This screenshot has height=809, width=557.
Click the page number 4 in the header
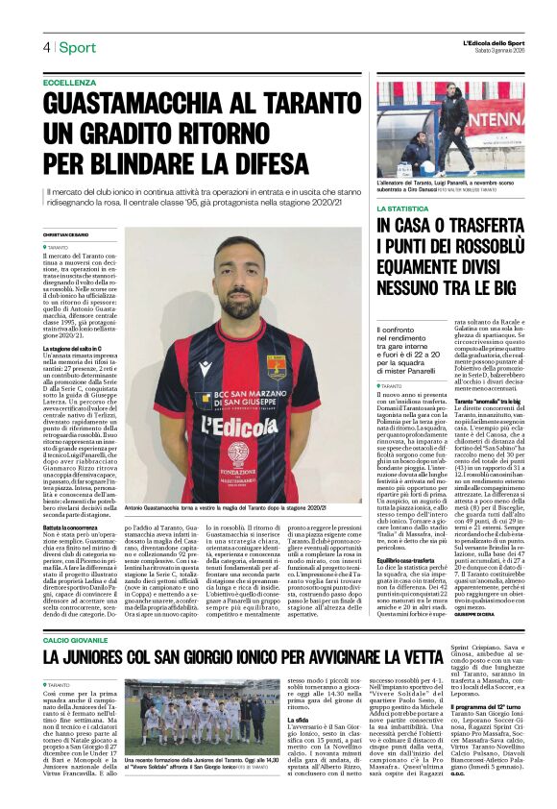(45, 47)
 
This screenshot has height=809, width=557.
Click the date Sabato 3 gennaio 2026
(491, 52)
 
